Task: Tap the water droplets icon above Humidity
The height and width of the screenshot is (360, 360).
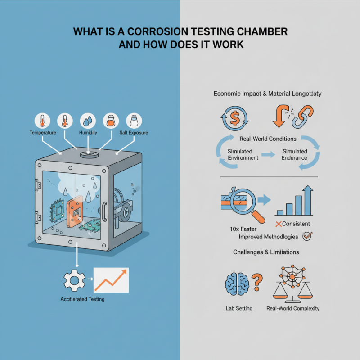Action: (x=88, y=121)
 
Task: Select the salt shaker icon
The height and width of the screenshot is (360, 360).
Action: (x=134, y=121)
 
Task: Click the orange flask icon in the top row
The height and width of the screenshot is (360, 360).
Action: (x=111, y=121)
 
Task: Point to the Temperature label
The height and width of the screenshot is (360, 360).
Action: (x=42, y=133)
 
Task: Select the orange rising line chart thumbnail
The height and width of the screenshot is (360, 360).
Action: (x=111, y=280)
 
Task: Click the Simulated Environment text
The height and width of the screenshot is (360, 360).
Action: (x=243, y=155)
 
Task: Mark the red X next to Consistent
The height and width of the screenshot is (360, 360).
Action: (x=279, y=224)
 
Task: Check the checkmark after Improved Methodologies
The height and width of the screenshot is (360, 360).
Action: (x=308, y=235)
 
